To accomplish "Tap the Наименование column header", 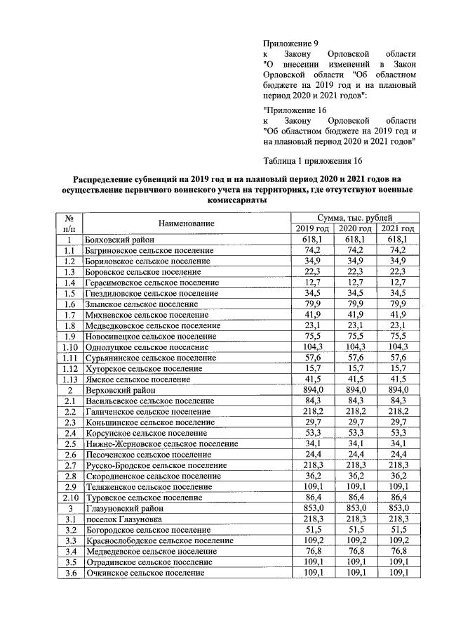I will coord(186,223).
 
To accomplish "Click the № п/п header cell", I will coord(69,223).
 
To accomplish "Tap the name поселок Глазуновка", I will coord(123,519).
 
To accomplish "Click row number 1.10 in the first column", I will coord(69,347).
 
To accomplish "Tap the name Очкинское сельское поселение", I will coord(145,573).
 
